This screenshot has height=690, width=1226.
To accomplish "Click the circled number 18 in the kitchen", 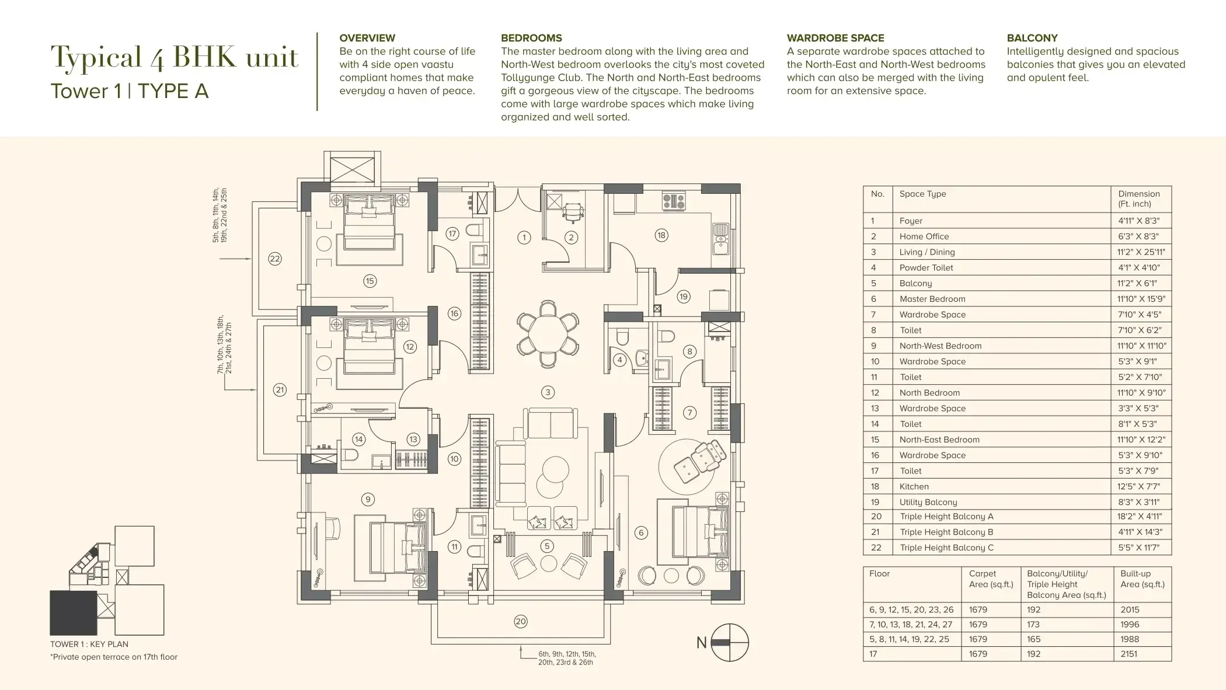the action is click(x=661, y=235).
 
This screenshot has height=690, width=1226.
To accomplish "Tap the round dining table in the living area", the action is click(x=548, y=333).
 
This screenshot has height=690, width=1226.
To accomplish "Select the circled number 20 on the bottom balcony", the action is click(x=521, y=622).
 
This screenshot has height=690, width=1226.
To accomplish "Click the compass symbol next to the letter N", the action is click(x=730, y=642).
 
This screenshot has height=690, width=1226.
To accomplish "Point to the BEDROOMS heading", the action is click(x=531, y=38).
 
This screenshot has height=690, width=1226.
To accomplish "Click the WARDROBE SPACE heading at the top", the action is click(x=835, y=38).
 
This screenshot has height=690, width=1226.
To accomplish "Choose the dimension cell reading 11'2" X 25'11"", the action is click(x=1141, y=252).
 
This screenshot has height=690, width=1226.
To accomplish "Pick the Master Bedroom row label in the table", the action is click(x=932, y=299).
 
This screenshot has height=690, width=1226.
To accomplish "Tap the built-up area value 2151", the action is click(x=1129, y=654).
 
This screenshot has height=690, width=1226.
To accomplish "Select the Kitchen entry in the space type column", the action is click(x=914, y=486).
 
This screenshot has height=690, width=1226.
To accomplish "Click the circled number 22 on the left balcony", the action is click(x=274, y=259).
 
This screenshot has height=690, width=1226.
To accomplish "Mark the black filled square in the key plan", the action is click(x=74, y=612).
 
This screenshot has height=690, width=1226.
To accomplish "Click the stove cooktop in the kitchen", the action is click(x=673, y=202).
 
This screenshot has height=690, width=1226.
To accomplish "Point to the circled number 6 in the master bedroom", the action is click(x=641, y=532).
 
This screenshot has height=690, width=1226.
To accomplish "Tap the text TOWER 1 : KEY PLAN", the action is click(x=89, y=644).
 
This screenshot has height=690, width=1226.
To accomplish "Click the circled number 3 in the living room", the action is click(x=547, y=392).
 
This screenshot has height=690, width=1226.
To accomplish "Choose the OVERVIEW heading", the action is click(x=367, y=38).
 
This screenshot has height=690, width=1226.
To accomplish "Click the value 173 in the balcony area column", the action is click(x=1034, y=625).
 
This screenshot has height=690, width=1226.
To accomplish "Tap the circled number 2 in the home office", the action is click(x=572, y=237).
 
